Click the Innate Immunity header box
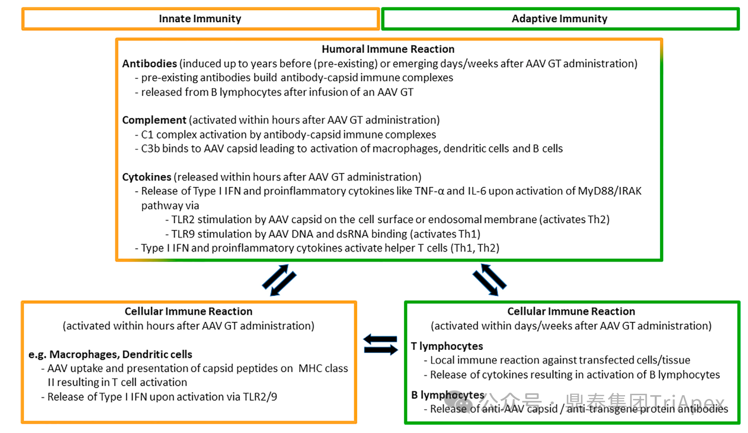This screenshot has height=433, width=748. click(x=200, y=19)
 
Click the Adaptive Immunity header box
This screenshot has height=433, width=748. click(x=559, y=19)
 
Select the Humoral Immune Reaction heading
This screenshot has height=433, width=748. click(x=388, y=49)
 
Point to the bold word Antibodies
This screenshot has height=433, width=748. click(x=149, y=64)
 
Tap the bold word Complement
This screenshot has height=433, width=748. click(x=154, y=120)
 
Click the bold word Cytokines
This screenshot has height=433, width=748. click(x=147, y=177)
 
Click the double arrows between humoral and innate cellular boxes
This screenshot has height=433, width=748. click(x=279, y=280)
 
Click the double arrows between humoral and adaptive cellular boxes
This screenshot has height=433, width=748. click(x=489, y=280)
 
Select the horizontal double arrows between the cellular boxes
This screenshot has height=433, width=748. click(x=380, y=345)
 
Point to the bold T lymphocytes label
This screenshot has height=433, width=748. click(x=447, y=346)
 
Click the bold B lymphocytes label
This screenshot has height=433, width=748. click(x=448, y=395)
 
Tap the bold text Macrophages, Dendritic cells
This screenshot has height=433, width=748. click(x=121, y=355)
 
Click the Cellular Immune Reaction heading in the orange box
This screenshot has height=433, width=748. click(x=188, y=312)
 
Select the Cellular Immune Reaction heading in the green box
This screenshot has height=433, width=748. click(x=571, y=312)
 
